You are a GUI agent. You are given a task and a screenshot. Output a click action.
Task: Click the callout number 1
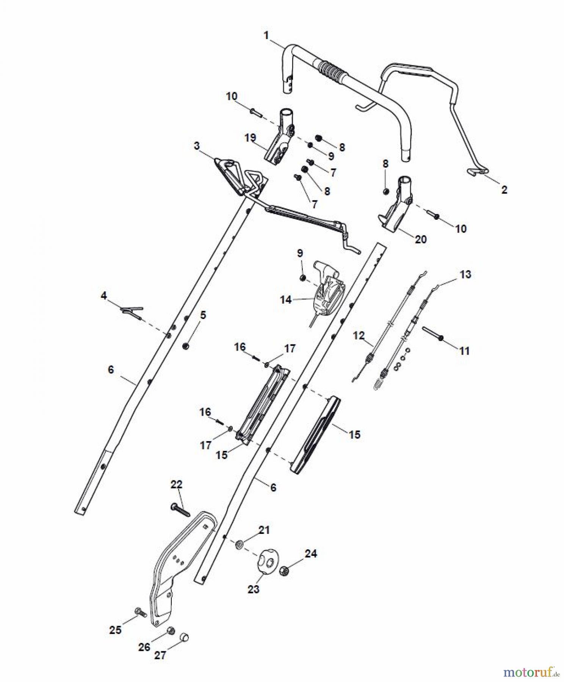point(266,36)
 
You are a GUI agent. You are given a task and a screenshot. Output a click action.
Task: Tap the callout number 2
point(504,189)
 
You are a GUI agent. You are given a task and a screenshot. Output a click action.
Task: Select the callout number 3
point(197,146)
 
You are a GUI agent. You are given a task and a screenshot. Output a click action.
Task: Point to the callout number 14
point(285,300)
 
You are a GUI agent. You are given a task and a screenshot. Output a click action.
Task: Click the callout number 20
point(421,239)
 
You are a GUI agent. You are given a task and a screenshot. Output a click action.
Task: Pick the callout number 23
point(253,589)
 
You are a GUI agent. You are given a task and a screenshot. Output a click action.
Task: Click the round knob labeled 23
point(267,562)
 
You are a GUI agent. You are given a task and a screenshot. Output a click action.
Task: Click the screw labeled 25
point(141,612)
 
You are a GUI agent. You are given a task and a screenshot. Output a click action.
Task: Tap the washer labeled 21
point(240,545)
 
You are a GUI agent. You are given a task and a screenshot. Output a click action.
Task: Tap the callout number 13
point(465,274)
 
